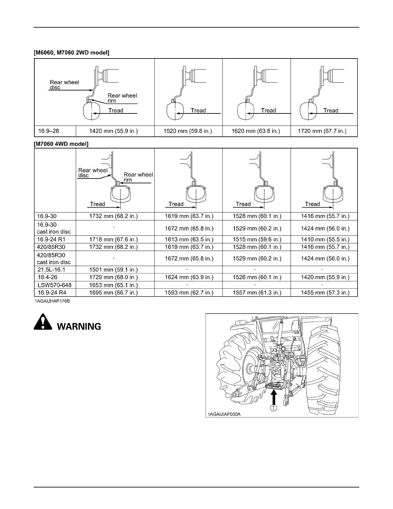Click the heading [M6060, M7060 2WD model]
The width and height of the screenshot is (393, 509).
click(72, 53)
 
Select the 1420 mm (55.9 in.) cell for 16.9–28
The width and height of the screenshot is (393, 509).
click(113, 131)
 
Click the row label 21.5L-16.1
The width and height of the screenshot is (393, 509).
click(52, 270)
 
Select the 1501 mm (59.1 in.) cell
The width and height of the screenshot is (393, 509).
click(113, 270)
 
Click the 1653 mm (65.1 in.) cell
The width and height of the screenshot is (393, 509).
click(113, 285)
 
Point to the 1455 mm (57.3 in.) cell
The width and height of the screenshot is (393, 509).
click(325, 293)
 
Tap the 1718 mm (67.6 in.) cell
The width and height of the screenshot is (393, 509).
click(113, 239)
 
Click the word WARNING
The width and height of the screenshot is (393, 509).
click(79, 327)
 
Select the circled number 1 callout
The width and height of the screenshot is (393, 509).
click(273, 408)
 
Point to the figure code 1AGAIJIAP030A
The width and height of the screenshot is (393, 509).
click(224, 415)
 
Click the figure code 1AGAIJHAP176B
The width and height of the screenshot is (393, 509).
click(53, 302)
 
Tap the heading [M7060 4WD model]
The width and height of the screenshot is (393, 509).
click(61, 144)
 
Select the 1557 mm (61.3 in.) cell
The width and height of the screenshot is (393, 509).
click(257, 293)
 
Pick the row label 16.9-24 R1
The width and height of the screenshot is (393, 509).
click(52, 239)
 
